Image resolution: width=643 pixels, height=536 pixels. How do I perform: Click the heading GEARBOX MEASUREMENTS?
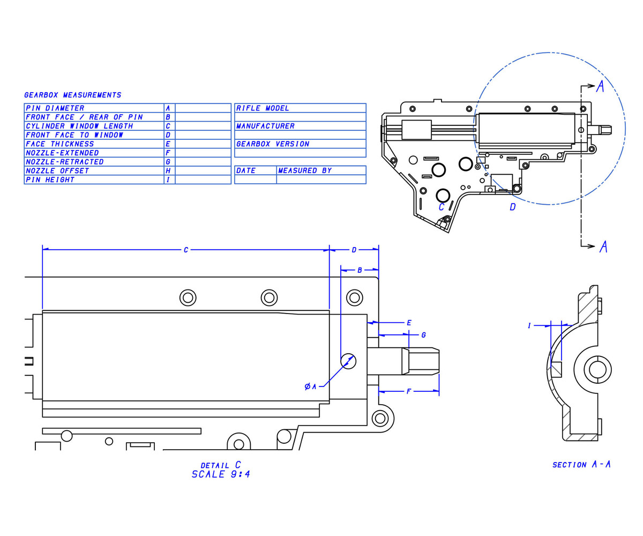tap(73, 95)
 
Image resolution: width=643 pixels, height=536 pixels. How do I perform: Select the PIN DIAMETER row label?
tap(55, 108)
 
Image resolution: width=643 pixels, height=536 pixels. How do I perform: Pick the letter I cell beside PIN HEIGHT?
tap(168, 180)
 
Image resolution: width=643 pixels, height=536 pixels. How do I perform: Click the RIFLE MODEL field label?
tap(263, 108)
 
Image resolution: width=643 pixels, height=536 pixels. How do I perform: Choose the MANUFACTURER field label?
tap(265, 126)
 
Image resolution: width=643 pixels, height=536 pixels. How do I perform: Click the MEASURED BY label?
tap(305, 171)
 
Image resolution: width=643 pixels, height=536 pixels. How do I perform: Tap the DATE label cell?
tap(246, 171)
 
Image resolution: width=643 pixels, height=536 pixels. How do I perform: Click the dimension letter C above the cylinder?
tap(186, 250)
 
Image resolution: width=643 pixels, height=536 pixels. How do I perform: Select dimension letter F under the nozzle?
tap(408, 392)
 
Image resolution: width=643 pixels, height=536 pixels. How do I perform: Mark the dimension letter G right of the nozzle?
tap(423, 335)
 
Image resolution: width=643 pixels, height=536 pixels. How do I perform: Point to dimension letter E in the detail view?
tap(409, 323)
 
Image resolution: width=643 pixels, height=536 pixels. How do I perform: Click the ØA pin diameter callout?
tap(311, 386)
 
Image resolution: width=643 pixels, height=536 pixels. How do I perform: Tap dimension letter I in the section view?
tap(529, 325)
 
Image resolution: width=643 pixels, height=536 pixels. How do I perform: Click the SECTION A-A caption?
tap(581, 464)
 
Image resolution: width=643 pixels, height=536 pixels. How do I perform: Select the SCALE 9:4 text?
tap(221, 474)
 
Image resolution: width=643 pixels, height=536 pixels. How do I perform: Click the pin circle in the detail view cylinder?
tap(348, 361)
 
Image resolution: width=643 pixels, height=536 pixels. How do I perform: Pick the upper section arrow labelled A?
tap(600, 86)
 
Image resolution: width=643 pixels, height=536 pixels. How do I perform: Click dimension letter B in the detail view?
tap(360, 270)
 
